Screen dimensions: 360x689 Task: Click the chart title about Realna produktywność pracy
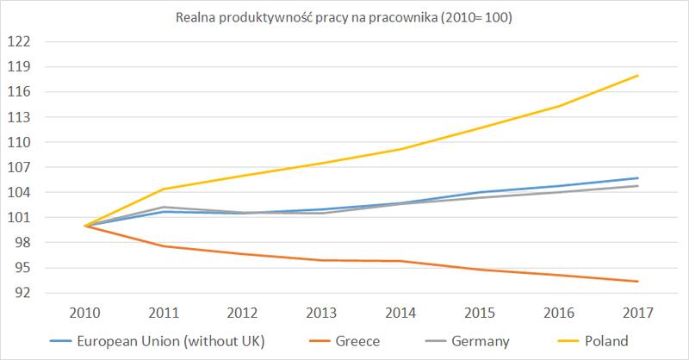[344, 16]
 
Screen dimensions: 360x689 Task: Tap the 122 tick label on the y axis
[19, 41]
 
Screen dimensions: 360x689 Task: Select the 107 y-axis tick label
[19, 167]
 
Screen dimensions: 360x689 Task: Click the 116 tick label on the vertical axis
[19, 91]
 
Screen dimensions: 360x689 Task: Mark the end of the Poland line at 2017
[638, 76]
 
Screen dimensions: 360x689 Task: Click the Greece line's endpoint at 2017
[638, 282]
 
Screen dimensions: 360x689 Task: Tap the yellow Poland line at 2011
[164, 189]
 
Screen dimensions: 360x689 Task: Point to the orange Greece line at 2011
[164, 246]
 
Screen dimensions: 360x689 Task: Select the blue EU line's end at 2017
[638, 178]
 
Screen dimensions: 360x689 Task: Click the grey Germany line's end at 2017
[638, 186]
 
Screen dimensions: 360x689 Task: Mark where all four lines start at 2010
[85, 226]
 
